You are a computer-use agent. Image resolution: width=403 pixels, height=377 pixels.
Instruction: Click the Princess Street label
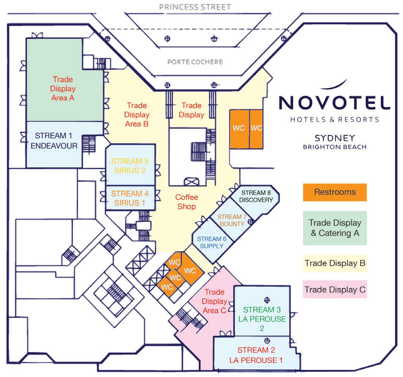click(195, 7)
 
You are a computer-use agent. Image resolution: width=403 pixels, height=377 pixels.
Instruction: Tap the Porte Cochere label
click(195, 62)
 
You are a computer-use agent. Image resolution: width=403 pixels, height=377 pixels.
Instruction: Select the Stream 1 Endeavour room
click(56, 141)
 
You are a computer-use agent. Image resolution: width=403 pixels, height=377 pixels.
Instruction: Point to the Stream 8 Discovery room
click(257, 196)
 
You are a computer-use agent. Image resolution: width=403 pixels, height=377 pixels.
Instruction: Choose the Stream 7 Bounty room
click(232, 220)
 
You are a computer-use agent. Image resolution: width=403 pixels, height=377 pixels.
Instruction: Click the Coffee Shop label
click(186, 202)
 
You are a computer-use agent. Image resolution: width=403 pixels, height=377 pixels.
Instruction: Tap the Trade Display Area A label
click(63, 89)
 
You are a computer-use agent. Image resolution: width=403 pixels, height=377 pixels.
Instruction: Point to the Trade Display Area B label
click(137, 114)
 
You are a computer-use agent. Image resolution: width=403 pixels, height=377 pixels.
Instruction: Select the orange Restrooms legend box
click(335, 192)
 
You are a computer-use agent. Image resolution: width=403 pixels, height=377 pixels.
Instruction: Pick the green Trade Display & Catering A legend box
click(335, 228)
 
